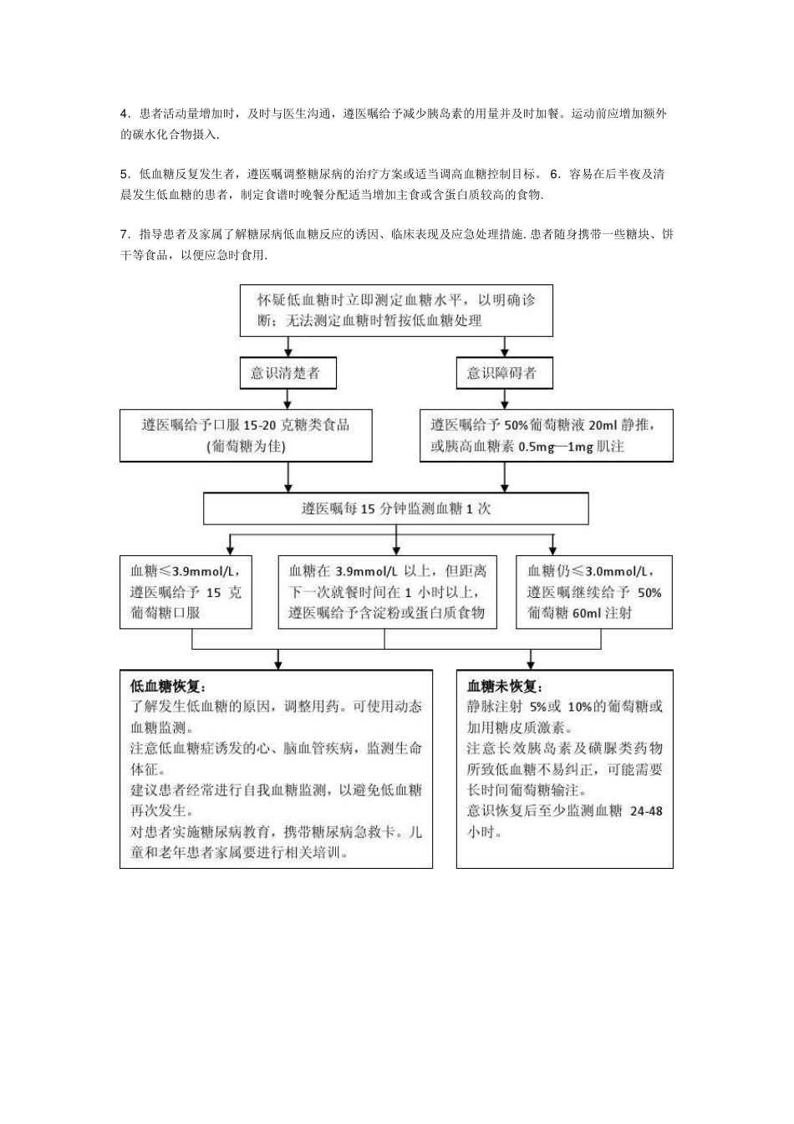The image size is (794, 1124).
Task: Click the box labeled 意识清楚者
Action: click(x=286, y=373)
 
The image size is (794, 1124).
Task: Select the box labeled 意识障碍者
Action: click(x=501, y=373)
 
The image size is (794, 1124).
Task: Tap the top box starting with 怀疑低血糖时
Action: click(x=396, y=310)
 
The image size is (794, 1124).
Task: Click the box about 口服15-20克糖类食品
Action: click(x=246, y=435)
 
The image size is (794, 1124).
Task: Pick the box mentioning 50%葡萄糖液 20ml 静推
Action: click(x=546, y=435)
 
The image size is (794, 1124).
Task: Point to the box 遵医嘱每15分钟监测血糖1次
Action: click(x=396, y=508)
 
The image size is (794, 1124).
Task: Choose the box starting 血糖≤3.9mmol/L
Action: click(x=186, y=592)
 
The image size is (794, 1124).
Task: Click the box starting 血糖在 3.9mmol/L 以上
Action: click(x=387, y=592)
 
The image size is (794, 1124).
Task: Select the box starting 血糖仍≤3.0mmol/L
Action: click(x=594, y=592)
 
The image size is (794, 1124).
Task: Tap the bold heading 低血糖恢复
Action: click(x=167, y=686)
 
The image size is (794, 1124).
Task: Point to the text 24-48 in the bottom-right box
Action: click(x=646, y=810)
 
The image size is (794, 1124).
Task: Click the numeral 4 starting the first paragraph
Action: click(x=124, y=114)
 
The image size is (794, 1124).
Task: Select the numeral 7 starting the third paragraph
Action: click(x=124, y=234)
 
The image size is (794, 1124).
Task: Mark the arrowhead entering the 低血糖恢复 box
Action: click(x=278, y=664)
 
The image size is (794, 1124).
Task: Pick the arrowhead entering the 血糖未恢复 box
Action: click(x=532, y=664)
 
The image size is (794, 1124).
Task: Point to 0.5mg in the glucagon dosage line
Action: click(x=537, y=447)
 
